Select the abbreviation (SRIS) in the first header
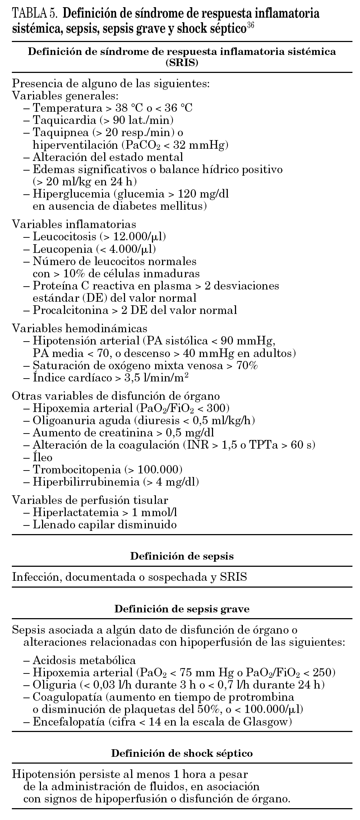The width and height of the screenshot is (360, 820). click(182, 63)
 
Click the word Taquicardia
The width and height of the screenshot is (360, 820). click(61, 120)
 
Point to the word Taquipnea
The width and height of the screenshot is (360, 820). click(60, 132)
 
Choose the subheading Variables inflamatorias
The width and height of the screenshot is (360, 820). click(74, 224)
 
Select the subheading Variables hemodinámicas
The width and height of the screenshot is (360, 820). click(80, 328)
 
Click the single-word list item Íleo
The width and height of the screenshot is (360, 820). click(42, 458)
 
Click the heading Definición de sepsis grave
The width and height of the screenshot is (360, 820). click(182, 609)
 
